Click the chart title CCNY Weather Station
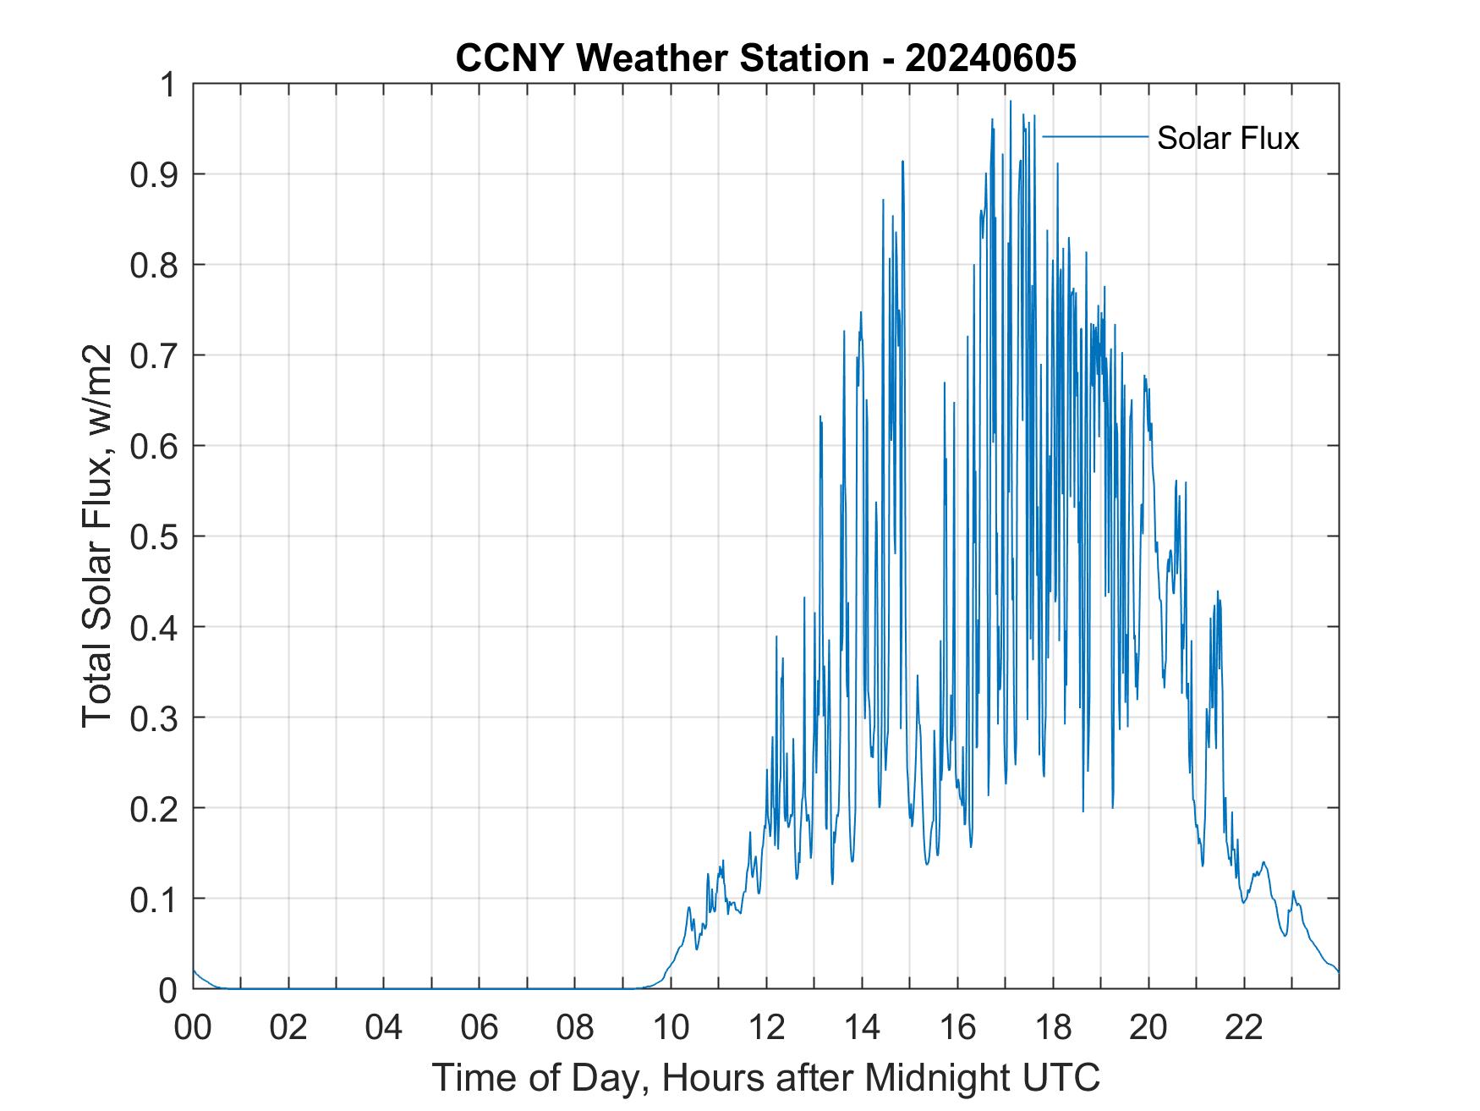click(662, 59)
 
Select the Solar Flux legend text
click(1227, 138)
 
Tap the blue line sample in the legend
click(1095, 136)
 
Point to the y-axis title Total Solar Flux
click(97, 536)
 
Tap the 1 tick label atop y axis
click(169, 85)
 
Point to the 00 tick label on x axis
click(193, 1027)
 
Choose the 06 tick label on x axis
click(480, 1027)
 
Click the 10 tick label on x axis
click(671, 1027)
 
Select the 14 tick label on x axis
click(862, 1027)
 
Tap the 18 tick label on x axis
click(1053, 1027)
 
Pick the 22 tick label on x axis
click(1244, 1027)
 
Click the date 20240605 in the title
click(990, 59)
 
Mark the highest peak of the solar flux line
click(1010, 102)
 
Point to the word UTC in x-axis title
click(1064, 1078)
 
